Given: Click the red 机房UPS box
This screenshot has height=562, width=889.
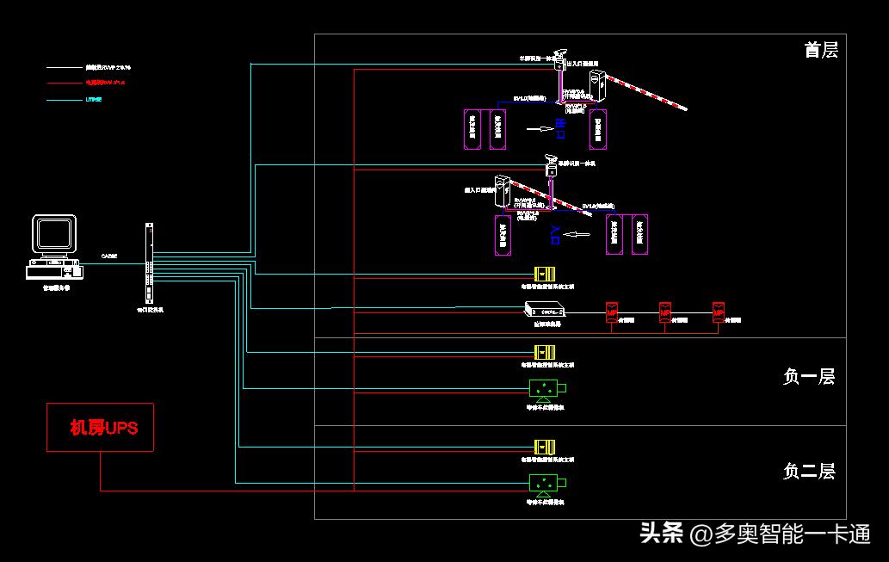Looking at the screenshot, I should [x=100, y=427].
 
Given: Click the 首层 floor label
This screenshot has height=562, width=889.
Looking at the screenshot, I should [x=820, y=50].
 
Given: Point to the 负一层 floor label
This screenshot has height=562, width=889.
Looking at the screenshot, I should [x=808, y=376].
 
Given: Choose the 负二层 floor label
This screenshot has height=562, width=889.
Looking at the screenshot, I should [x=808, y=471].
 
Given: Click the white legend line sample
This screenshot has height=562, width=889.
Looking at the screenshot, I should [x=64, y=66].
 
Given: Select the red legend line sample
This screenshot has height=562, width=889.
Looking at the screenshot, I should [x=64, y=83].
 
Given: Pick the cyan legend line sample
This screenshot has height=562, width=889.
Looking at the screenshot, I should [x=64, y=101].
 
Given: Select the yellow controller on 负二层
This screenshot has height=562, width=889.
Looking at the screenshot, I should [x=545, y=448].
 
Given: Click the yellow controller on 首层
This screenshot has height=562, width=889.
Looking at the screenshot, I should [x=545, y=275].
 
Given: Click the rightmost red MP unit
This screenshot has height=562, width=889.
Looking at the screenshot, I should [x=719, y=311].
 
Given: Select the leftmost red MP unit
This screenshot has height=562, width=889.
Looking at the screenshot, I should [x=612, y=311].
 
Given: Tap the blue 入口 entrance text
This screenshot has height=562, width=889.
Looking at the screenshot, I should [x=555, y=234].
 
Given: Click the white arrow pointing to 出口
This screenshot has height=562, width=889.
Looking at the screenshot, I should [x=540, y=129].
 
